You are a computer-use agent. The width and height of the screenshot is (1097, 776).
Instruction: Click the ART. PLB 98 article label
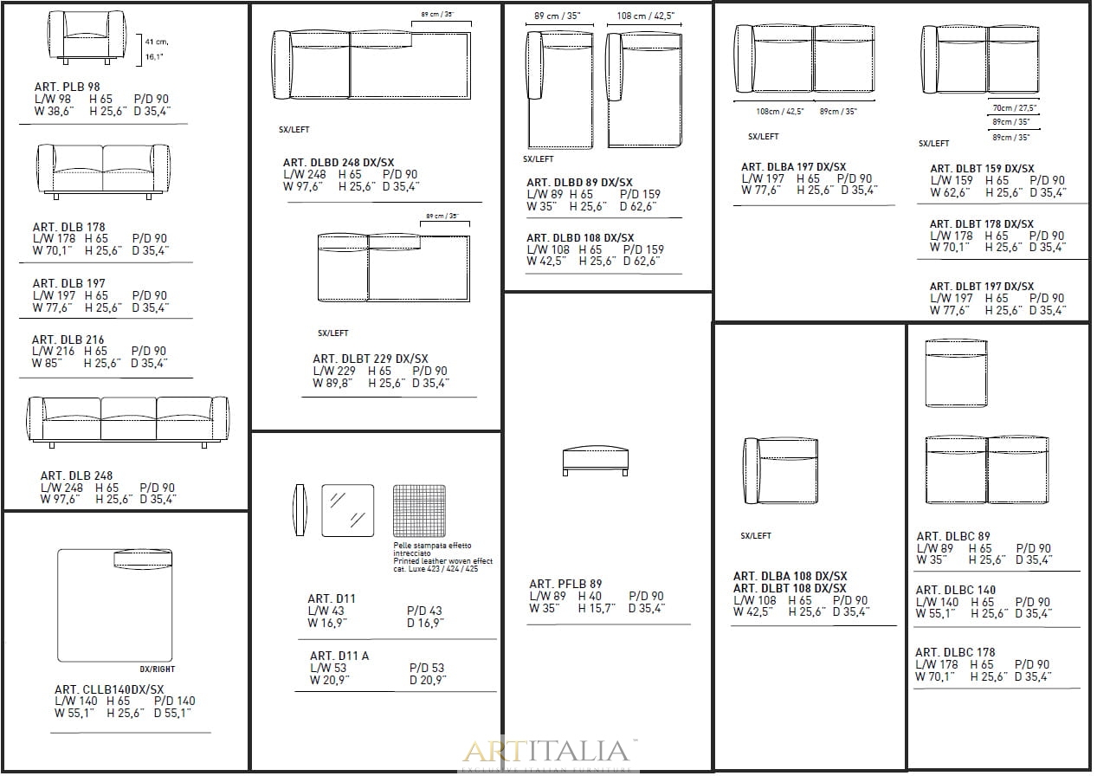pyautogui.click(x=67, y=87)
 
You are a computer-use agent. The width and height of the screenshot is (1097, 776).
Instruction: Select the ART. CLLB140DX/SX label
pyautogui.click(x=109, y=689)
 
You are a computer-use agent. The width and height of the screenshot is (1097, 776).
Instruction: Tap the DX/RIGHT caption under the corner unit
pyautogui.click(x=157, y=669)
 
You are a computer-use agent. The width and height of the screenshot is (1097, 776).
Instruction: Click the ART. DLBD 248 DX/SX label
pyautogui.click(x=339, y=163)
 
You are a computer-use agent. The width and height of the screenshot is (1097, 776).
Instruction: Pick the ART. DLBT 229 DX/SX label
pyautogui.click(x=371, y=359)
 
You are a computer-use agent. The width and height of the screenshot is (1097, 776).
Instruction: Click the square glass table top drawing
pyautogui.click(x=347, y=510)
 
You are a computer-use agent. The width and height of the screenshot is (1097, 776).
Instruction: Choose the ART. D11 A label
pyautogui.click(x=339, y=656)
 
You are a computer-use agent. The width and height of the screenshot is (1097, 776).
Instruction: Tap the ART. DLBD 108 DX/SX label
pyautogui.click(x=580, y=238)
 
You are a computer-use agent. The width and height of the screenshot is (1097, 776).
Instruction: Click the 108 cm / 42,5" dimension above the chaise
pyautogui.click(x=646, y=16)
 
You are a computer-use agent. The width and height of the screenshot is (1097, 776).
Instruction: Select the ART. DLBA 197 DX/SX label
pyautogui.click(x=794, y=167)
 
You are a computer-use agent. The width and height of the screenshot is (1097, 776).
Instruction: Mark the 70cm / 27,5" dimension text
pyautogui.click(x=1015, y=108)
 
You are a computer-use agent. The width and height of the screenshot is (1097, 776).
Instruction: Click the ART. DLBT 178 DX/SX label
pyautogui.click(x=982, y=224)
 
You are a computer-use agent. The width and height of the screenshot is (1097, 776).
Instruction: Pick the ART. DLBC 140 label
pyautogui.click(x=956, y=590)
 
